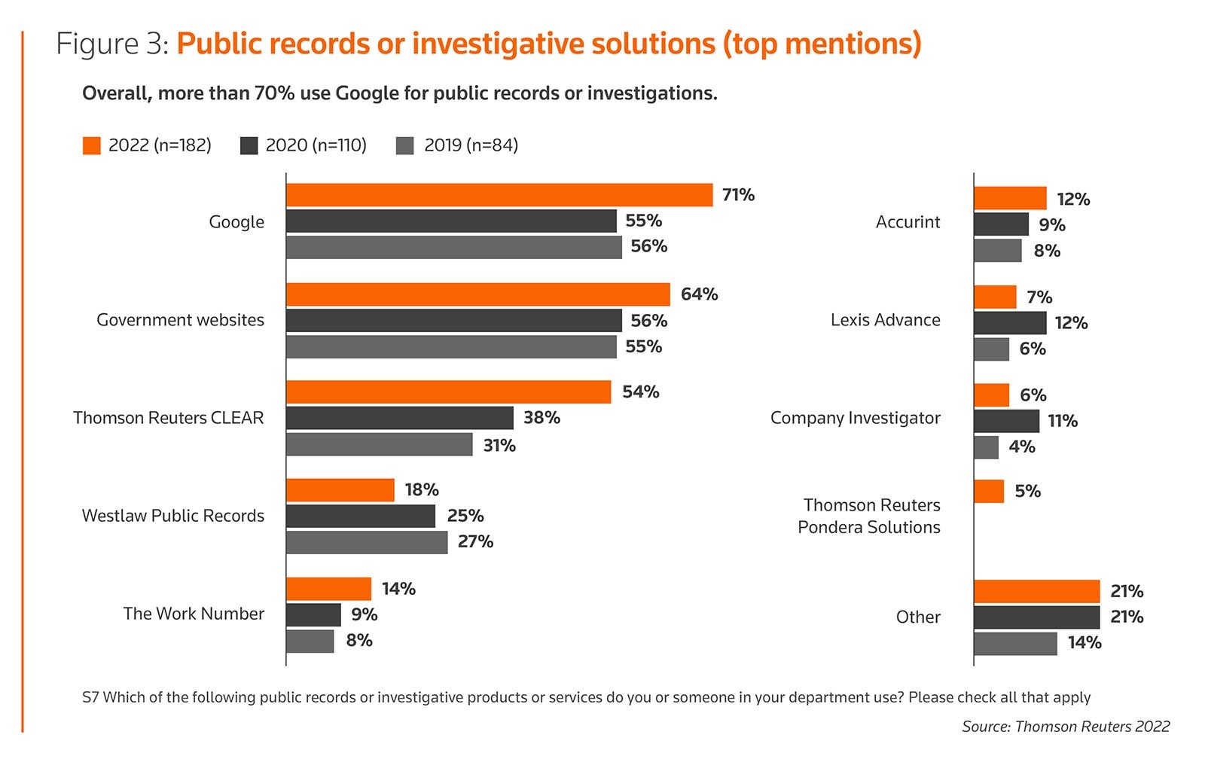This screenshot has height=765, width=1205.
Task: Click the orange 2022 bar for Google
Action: pos(499,195)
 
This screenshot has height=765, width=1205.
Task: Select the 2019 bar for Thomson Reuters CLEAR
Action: pos(379,444)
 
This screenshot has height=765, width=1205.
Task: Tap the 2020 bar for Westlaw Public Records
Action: pos(360,516)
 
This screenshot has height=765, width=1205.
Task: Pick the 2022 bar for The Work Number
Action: pos(328,589)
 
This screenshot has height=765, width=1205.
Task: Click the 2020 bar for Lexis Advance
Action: pos(1009,323)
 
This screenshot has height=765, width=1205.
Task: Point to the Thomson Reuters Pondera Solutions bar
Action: pos(988,492)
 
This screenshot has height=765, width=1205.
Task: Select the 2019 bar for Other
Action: pos(1014,644)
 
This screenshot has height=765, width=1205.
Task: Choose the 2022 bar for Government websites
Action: pos(477,294)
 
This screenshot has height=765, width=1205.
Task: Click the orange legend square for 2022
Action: pos(91,145)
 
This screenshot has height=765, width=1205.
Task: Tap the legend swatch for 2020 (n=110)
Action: pos(249,145)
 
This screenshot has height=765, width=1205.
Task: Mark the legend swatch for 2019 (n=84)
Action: pos(405,145)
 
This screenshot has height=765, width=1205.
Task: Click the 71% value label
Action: pos(738,195)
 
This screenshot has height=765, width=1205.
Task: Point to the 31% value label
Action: pos(499,446)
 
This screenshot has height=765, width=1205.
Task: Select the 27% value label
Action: pos(475,541)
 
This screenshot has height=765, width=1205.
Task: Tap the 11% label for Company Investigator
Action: pos(1063,421)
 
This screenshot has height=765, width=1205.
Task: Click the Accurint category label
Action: pos(908,222)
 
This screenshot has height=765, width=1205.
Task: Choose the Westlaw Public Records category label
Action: pos(173,516)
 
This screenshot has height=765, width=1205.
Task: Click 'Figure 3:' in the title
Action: pos(112,44)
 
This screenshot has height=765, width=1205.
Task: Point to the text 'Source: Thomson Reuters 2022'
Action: pos(1066,727)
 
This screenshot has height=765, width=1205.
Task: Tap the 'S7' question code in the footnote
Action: pos(90,697)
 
